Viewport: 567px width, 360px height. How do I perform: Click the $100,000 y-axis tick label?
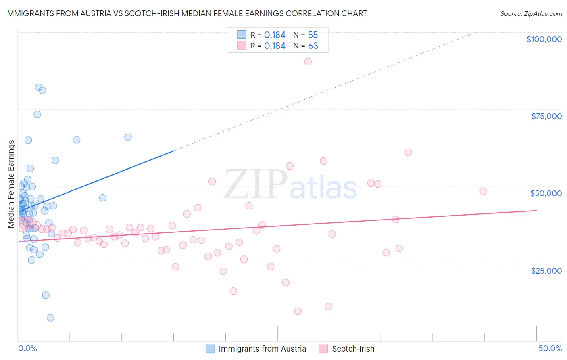point(544,39)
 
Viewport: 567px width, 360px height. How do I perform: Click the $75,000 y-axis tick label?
point(546,116)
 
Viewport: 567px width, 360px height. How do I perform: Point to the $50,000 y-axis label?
point(546,193)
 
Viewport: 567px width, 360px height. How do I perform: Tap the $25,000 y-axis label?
point(546,270)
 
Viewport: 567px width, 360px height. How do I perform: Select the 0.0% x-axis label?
point(27,348)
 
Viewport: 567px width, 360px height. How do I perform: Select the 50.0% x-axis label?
point(550,348)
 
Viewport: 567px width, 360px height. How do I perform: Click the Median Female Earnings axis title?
point(11,184)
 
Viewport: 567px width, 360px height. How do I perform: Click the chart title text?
point(186,13)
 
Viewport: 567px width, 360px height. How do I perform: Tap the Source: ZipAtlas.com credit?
point(531,13)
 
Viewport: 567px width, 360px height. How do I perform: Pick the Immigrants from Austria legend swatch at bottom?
point(211,349)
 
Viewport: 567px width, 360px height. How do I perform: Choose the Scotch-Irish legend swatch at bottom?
point(323,349)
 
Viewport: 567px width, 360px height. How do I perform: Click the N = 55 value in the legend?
point(305,35)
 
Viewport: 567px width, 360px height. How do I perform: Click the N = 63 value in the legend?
point(305,46)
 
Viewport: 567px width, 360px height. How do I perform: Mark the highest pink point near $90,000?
point(308,61)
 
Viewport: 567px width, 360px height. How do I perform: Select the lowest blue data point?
point(50,318)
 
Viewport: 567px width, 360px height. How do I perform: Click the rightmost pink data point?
point(483,191)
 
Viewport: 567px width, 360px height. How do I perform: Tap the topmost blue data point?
point(39,87)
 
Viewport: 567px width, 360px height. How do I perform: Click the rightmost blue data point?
point(128,137)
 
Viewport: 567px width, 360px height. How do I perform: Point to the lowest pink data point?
point(298,311)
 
